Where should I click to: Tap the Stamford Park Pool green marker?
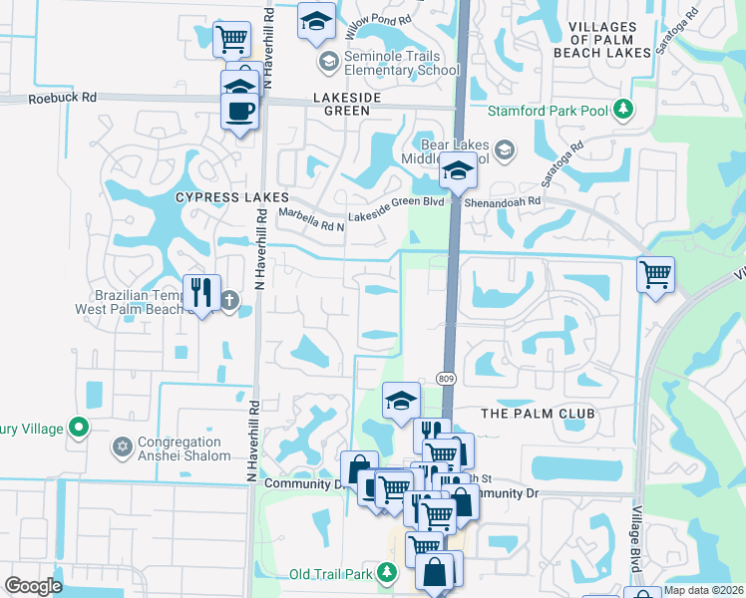click(623, 109)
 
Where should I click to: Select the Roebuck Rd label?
click(63, 99)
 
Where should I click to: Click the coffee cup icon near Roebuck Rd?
click(239, 111)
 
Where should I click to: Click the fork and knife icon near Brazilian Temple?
click(202, 292)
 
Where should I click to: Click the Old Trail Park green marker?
click(389, 574)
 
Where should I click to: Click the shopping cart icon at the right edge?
click(655, 274)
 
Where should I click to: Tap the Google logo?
click(34, 586)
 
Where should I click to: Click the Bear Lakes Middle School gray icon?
click(505, 150)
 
